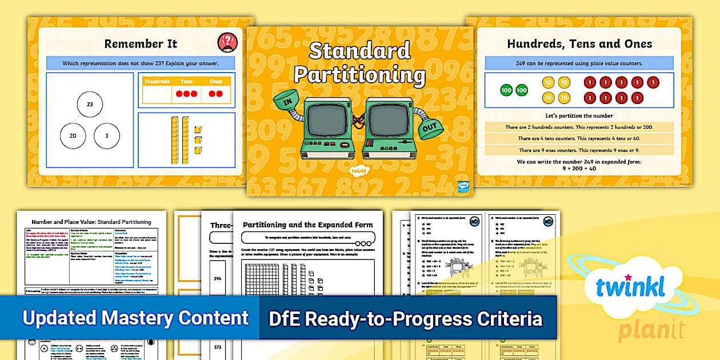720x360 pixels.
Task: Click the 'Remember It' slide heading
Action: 141,43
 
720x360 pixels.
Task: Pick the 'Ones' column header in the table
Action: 215,82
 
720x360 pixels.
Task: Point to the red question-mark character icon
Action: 227,42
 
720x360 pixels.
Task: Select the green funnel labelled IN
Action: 289,102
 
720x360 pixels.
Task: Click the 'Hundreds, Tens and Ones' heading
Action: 579,43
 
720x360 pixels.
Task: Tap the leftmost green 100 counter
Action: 506,90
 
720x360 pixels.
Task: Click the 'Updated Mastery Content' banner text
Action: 135,318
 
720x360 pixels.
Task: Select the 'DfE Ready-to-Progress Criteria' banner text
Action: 405,318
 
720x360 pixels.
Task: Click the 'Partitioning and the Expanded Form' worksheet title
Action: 307,225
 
